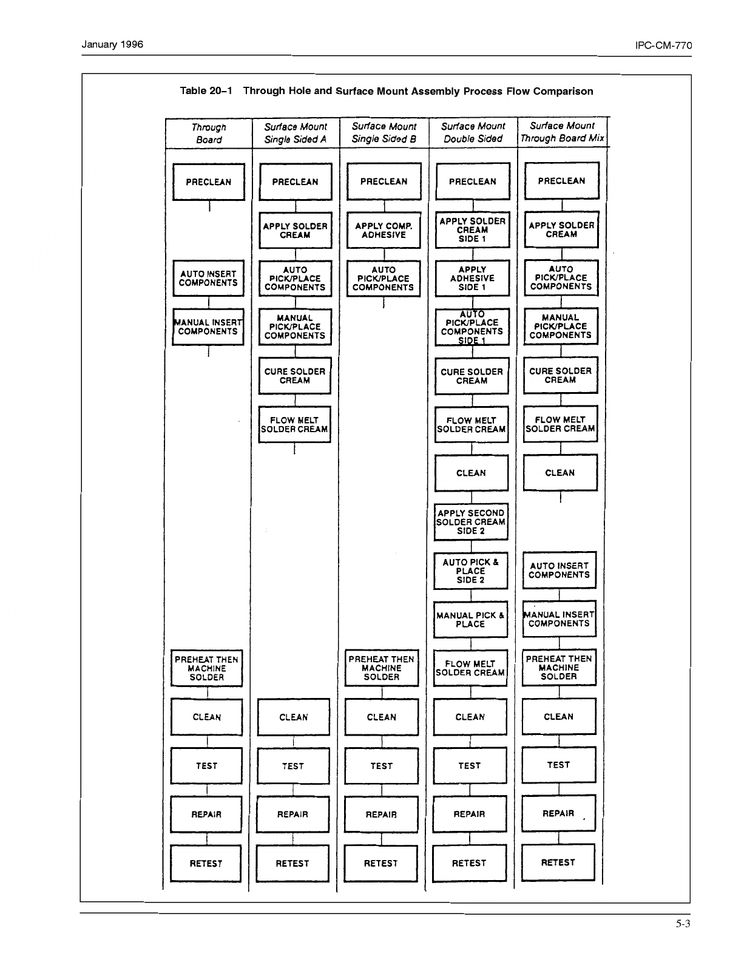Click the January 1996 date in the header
[x=112, y=44]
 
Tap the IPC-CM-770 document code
[x=663, y=46]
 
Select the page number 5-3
[x=683, y=924]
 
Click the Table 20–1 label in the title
[x=206, y=91]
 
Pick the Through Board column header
[x=209, y=134]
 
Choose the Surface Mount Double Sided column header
[x=473, y=132]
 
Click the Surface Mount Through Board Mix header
[x=562, y=132]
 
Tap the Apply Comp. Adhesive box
[x=384, y=231]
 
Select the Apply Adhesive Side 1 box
[x=472, y=278]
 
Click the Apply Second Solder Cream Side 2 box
[x=471, y=522]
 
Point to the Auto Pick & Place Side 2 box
[x=470, y=571]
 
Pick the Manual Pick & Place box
[x=470, y=620]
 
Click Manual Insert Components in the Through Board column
[x=208, y=327]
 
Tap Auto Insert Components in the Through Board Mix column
[x=559, y=570]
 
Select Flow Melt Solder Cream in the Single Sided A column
[x=294, y=424]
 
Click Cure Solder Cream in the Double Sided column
[x=472, y=376]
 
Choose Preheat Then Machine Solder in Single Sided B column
[x=382, y=668]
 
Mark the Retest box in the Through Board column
[x=206, y=863]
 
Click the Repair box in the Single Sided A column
[x=292, y=815]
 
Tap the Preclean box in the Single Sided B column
[x=384, y=181]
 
